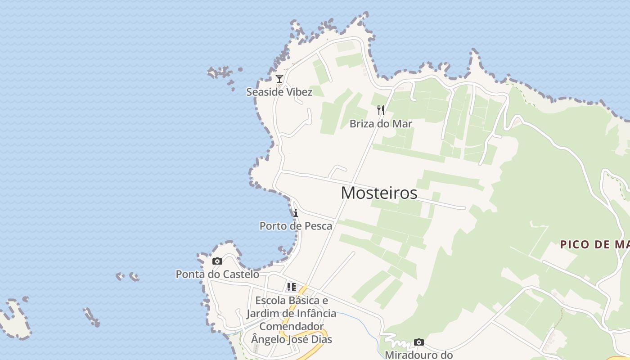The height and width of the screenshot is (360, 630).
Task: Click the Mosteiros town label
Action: coord(379,193)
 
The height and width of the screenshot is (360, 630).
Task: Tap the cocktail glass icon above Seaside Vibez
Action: coord(279,79)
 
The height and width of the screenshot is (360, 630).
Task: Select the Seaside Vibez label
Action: coord(279,92)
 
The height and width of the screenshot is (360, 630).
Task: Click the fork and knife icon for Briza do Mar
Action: coord(381,110)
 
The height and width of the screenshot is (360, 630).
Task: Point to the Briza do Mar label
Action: coord(381,124)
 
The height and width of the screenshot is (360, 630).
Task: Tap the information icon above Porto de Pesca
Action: coord(296,213)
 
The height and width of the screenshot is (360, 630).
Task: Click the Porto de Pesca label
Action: coord(296,226)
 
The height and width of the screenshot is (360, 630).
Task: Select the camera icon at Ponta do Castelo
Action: coord(217,261)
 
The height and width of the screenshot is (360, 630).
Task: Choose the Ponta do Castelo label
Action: coord(217,274)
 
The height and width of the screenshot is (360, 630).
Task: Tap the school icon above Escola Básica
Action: coord(292,287)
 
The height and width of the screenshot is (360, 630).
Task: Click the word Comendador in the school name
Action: coord(292,326)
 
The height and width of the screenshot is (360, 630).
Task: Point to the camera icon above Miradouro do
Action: coord(419,342)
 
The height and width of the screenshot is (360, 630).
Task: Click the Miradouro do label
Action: coord(418,355)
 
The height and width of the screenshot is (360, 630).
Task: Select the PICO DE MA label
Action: coord(594,245)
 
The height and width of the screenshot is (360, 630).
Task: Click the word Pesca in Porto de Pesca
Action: coord(318,226)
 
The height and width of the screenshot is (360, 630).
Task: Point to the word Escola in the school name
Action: coord(270,301)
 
